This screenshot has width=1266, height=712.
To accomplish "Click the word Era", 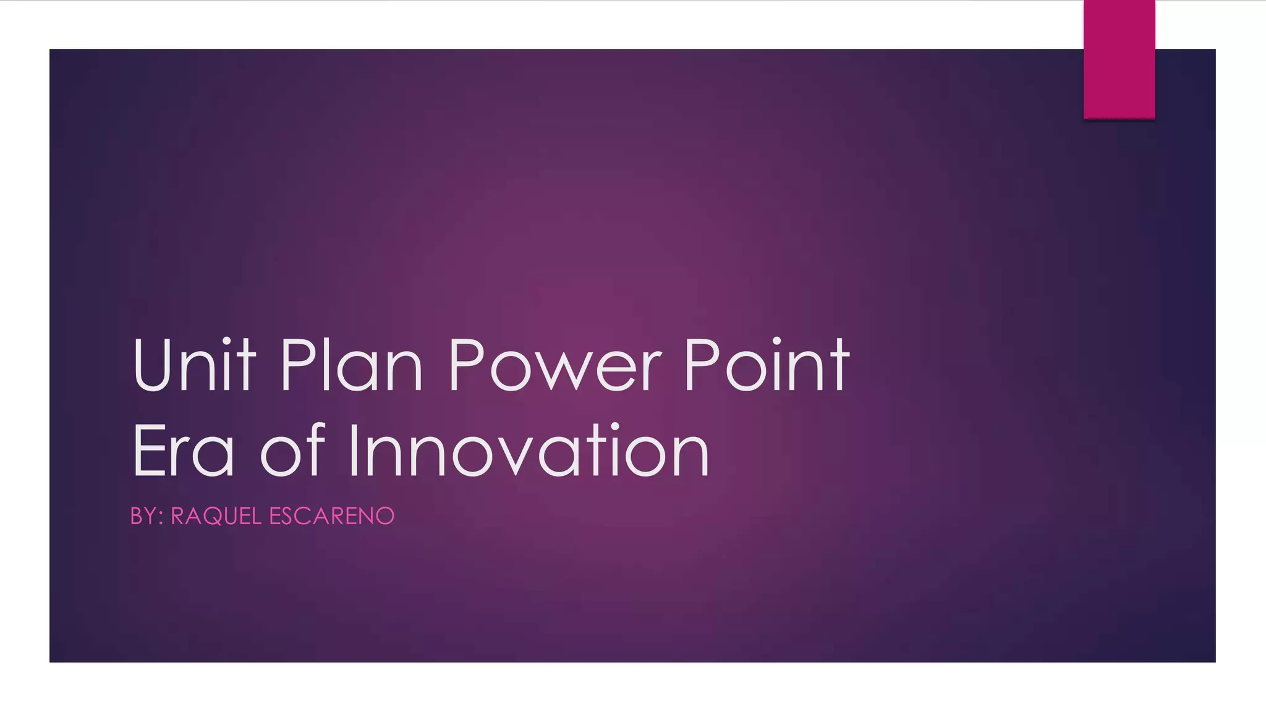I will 183,451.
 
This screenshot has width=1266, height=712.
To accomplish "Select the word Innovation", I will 529,451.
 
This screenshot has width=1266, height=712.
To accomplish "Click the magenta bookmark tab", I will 1119,59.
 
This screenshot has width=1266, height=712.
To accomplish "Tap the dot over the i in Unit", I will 227,342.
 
